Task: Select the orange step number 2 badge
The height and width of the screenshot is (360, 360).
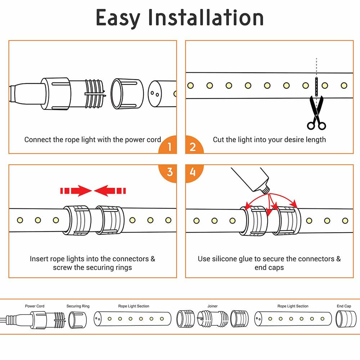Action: [193, 147]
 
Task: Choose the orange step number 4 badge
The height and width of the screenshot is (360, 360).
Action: [193, 172]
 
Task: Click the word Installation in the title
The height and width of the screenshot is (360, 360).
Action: [206, 18]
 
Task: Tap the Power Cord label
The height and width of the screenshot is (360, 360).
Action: [35, 306]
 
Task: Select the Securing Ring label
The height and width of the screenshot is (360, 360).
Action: [78, 306]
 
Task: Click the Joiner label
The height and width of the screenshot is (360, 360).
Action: [212, 306]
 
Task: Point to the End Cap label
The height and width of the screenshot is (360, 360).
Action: [344, 306]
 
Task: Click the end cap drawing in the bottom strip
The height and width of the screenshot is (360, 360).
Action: [343, 319]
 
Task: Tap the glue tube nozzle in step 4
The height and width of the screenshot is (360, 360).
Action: [267, 188]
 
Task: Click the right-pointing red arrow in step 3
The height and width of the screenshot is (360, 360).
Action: [76, 190]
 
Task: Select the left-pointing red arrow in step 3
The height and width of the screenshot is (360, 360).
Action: [109, 190]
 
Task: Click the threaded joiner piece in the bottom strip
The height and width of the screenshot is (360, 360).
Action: [212, 319]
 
